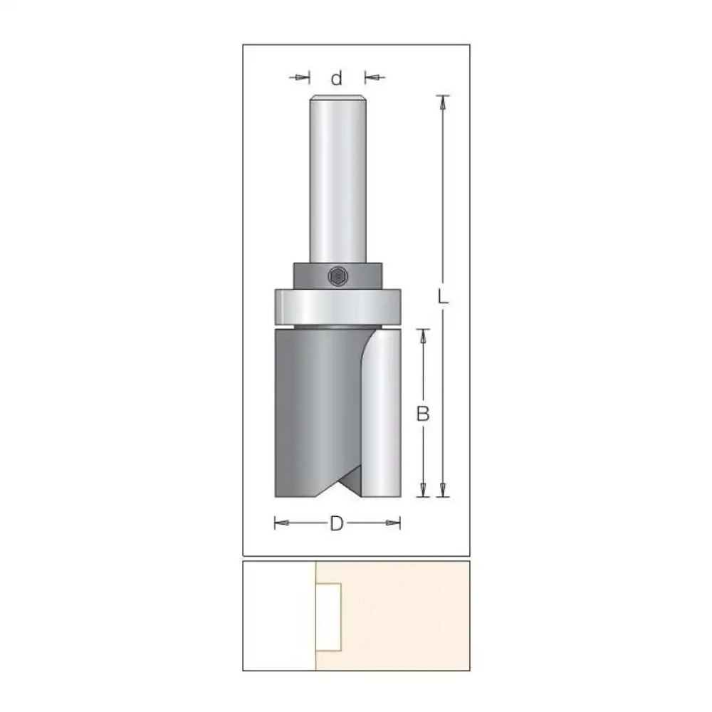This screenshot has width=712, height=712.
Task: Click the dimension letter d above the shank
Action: point(337,78)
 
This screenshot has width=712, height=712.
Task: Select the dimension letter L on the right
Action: point(443,297)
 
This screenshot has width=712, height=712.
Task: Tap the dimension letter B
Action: point(423,414)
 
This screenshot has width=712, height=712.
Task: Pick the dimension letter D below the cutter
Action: point(337,523)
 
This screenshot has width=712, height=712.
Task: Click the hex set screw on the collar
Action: point(337,276)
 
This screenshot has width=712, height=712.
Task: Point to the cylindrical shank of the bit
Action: point(337,179)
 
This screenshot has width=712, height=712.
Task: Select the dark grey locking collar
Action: point(337,276)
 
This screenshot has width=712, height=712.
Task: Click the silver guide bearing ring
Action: point(337,307)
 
